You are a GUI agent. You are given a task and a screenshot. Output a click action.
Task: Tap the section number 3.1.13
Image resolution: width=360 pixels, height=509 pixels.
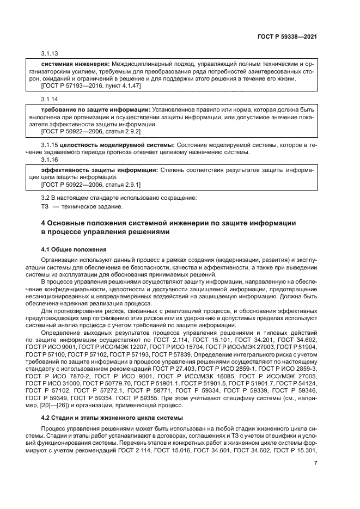coord(50,53)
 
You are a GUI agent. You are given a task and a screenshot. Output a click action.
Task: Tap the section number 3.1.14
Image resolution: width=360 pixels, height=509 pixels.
coord(50,99)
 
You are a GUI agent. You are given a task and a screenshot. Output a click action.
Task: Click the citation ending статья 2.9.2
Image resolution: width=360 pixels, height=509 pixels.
coord(91,131)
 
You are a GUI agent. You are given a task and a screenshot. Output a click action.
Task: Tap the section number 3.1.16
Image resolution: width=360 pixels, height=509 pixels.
coord(50,159)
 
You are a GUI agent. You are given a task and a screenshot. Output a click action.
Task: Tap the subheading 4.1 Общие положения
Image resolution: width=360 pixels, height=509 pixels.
coord(74,249)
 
